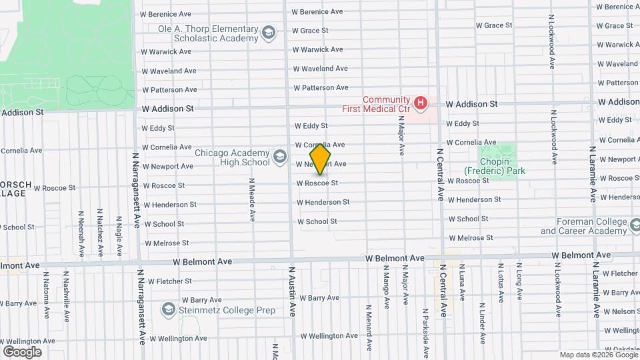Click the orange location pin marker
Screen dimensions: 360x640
point(321,159)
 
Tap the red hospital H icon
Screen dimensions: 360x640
point(420,103)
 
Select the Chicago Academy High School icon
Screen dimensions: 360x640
point(280,158)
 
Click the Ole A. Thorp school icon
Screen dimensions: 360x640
point(269,33)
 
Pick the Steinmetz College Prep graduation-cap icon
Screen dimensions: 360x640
point(168,309)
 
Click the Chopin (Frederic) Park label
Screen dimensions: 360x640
point(495,171)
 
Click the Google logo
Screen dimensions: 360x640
point(22,351)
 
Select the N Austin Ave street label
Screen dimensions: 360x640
point(291,291)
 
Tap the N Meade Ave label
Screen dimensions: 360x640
point(252,199)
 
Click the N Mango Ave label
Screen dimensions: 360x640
point(386,287)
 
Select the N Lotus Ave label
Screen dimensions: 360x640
point(500,283)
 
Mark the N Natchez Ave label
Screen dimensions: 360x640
point(99,232)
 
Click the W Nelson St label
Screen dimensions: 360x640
point(619,311)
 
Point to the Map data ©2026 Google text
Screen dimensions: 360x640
point(597,355)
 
